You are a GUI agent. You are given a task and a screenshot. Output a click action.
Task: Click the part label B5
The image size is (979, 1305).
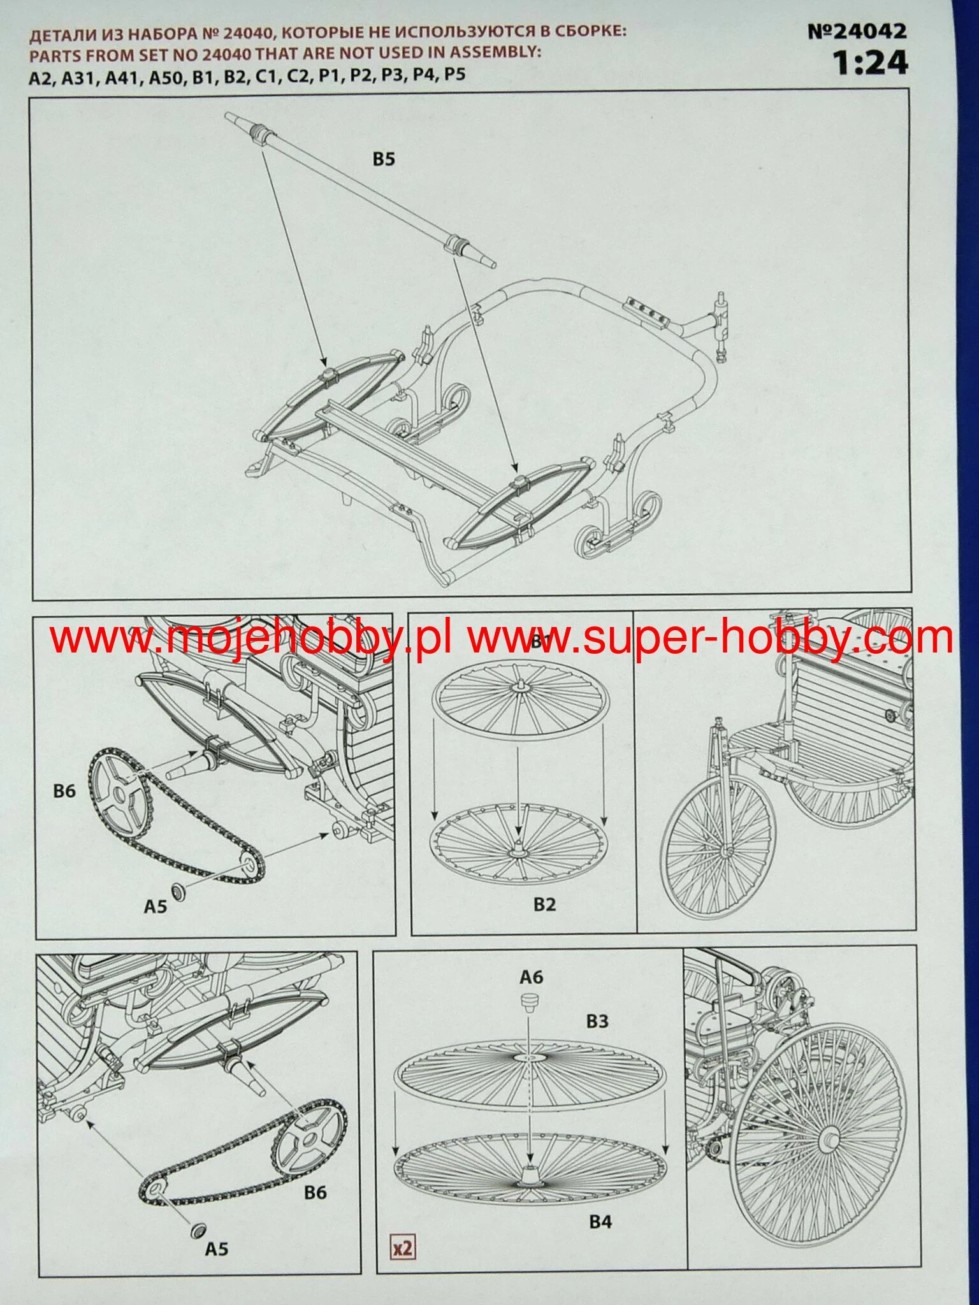[384, 159]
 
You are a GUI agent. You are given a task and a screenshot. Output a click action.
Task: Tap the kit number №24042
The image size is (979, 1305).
[857, 31]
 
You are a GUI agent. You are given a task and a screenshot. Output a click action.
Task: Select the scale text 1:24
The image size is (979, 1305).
[870, 63]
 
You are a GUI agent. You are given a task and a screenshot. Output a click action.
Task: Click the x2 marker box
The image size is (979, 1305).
[403, 1247]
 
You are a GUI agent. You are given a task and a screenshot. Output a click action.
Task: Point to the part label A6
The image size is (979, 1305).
[532, 977]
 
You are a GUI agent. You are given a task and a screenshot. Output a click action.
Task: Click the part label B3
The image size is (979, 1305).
[597, 1021]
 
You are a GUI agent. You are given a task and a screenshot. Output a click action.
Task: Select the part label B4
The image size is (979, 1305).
[600, 1222]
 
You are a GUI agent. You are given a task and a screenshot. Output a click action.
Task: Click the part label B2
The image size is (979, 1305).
[545, 904]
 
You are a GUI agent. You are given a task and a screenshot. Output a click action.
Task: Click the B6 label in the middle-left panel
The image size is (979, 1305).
[64, 791]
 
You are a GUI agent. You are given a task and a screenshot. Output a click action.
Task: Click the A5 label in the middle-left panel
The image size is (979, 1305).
[155, 905]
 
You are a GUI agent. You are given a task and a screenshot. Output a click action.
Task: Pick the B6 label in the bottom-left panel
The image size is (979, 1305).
[315, 1192]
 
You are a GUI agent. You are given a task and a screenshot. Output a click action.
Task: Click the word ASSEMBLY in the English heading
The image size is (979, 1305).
[491, 52]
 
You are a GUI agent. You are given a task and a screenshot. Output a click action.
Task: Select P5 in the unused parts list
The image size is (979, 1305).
[454, 75]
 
